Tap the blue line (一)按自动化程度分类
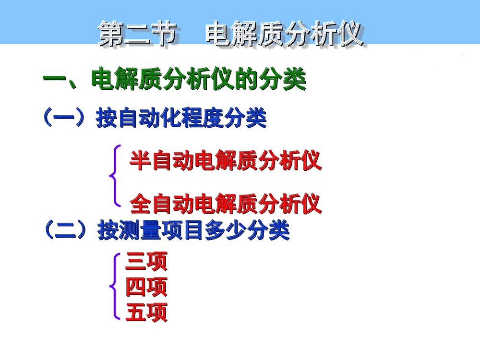click(155, 118)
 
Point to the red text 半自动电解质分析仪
click(225, 162)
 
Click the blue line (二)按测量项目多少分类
click(167, 231)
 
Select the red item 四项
click(146, 288)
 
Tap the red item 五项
click(146, 313)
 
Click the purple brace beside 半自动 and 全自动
click(114, 176)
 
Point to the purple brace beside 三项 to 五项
click(114, 287)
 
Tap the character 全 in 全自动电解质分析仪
click(140, 204)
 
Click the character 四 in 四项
click(135, 288)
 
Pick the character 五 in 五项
click(135, 313)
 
